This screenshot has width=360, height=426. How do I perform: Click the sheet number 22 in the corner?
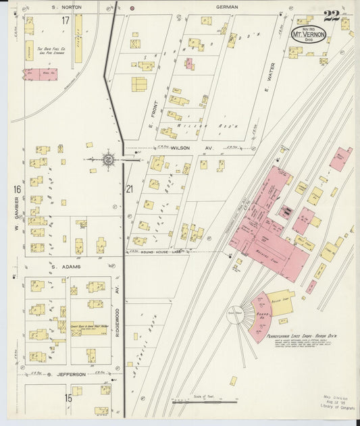[x=331, y=16]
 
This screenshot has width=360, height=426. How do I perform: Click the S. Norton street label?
[x=68, y=7]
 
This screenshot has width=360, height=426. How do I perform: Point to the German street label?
[x=228, y=7]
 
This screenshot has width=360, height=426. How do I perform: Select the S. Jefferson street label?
[x=66, y=373]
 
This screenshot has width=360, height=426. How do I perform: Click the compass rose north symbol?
[x=107, y=160]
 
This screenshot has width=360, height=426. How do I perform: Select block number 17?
[x=66, y=20]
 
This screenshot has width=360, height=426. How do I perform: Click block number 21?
[x=130, y=190]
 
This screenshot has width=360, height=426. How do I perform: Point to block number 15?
[x=68, y=398]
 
